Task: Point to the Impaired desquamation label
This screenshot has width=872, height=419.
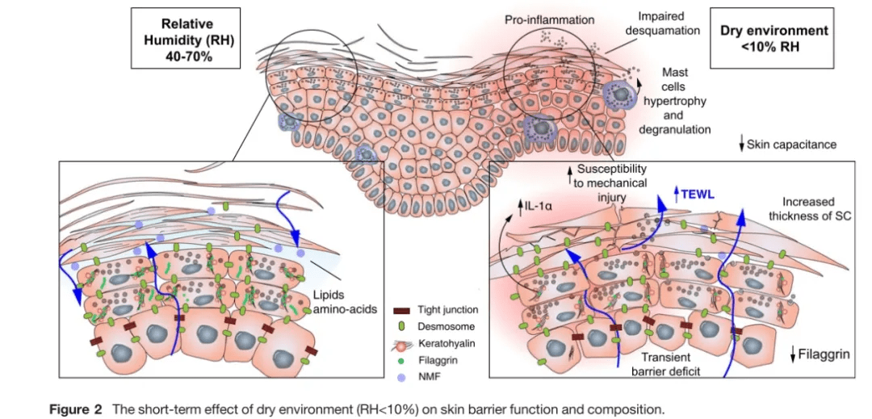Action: coord(668,23)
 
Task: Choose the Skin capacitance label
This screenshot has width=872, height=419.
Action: coord(792,145)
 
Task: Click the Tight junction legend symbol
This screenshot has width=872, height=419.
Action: coord(401,309)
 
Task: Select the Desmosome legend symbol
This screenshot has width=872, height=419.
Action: coord(401,326)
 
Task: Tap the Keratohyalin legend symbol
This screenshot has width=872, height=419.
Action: coord(401,343)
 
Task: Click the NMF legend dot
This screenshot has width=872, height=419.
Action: coord(401,375)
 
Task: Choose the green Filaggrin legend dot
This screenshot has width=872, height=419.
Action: coord(401,360)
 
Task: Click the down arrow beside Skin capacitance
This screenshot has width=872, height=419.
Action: coord(741,145)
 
